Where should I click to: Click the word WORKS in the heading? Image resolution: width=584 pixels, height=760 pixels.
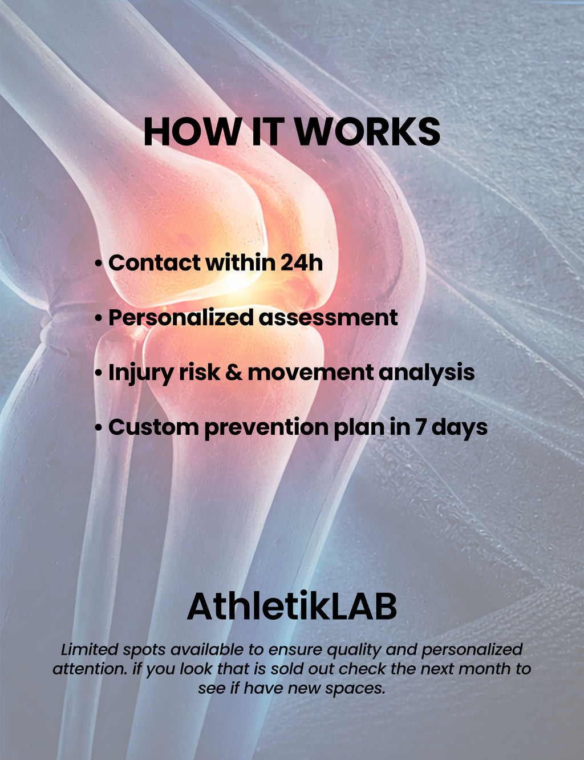pos(367,132)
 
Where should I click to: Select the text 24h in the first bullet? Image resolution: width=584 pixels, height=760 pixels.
pos(301,262)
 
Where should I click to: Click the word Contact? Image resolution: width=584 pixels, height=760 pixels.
pos(155,262)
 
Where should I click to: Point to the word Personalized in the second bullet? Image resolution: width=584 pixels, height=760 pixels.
pos(181,318)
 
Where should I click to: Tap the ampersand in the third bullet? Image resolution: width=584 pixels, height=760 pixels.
pos(234,373)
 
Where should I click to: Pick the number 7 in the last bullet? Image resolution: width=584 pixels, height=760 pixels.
pos(420,427)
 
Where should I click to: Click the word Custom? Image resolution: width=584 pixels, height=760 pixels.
pos(153,427)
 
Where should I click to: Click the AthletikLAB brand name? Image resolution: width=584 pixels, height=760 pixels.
pos(291,606)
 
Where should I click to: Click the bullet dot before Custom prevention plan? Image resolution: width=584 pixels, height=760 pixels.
pos(99,428)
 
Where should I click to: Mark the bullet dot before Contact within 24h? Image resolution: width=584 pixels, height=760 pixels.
pos(99,263)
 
